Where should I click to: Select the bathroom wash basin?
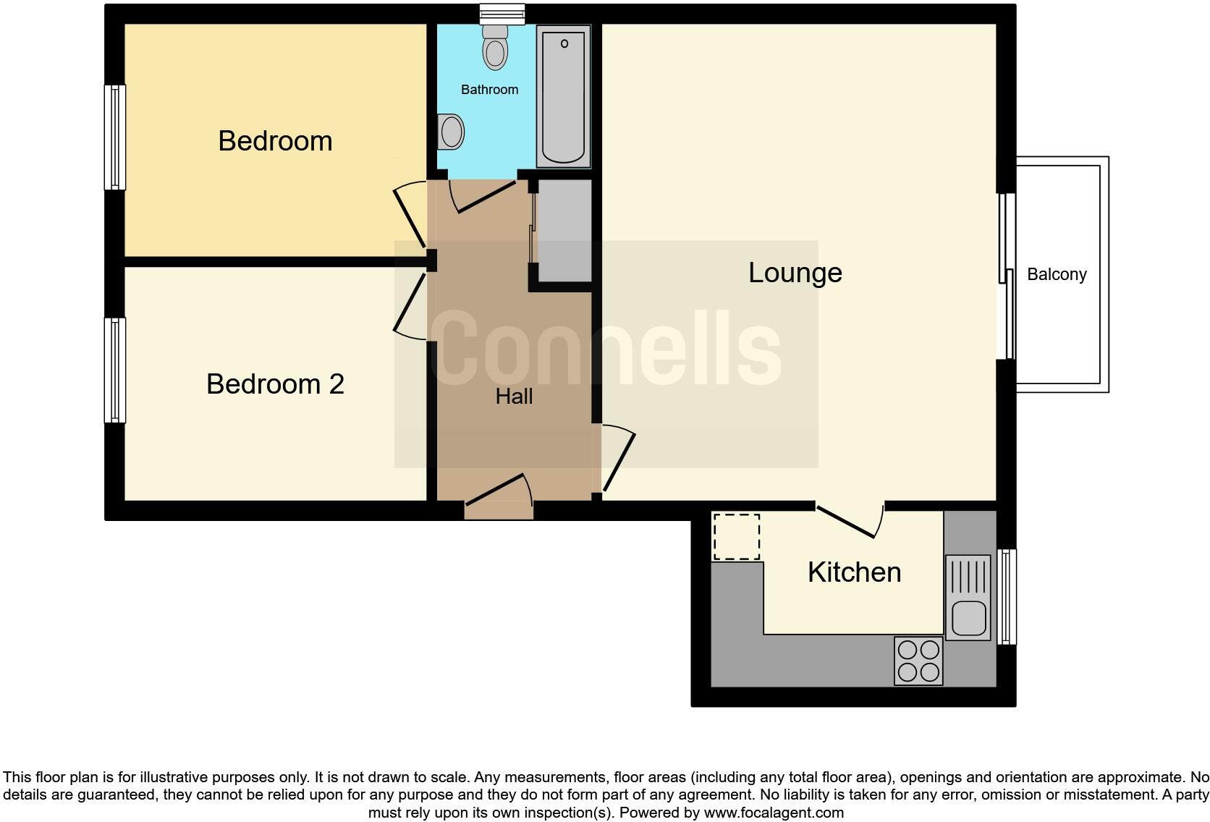[451, 132]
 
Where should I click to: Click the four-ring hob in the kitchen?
[918, 661]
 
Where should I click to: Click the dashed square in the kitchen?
[737, 537]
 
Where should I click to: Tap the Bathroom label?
[489, 90]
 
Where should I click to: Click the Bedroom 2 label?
[275, 384]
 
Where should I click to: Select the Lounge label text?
[795, 273]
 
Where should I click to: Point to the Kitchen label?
[854, 572]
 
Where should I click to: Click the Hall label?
[514, 397]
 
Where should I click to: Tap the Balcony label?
[1057, 275]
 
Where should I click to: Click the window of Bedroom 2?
[115, 370]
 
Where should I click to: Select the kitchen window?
[1007, 597]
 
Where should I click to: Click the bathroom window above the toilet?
[502, 13]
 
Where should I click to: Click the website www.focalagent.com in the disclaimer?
[774, 813]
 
